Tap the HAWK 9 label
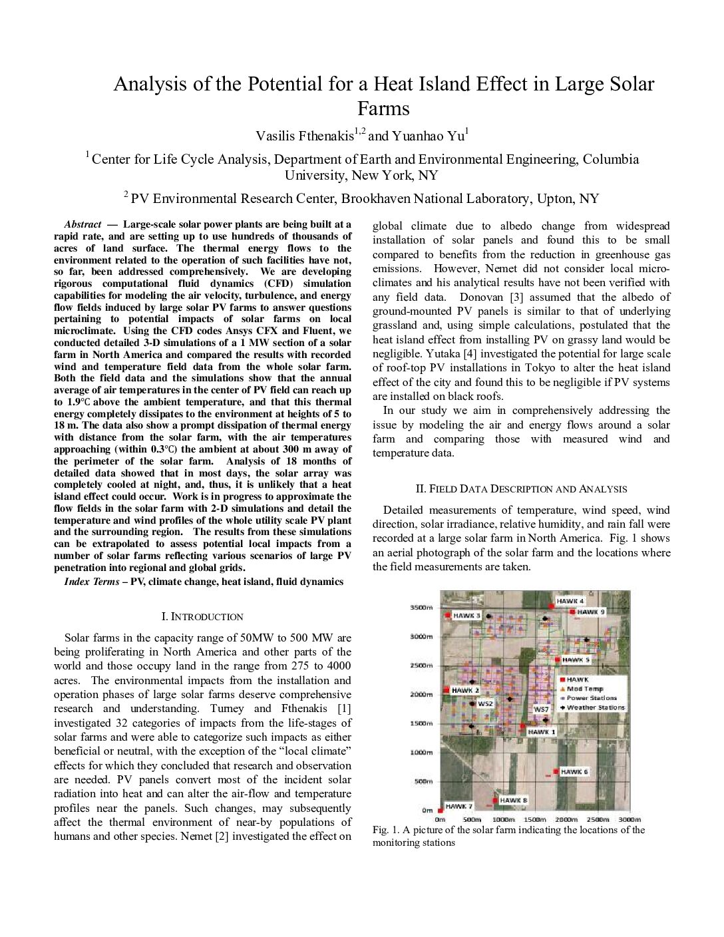[591, 612]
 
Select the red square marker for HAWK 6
[556, 772]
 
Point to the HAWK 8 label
[513, 800]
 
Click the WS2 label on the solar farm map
[486, 703]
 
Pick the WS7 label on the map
[541, 709]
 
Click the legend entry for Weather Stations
[596, 707]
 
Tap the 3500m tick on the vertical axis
[421, 608]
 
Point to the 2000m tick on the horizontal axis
[566, 819]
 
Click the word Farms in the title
[383, 108]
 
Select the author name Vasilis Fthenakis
[305, 136]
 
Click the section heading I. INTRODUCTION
[202, 617]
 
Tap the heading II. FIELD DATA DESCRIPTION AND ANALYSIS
[521, 489]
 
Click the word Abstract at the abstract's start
[83, 224]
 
